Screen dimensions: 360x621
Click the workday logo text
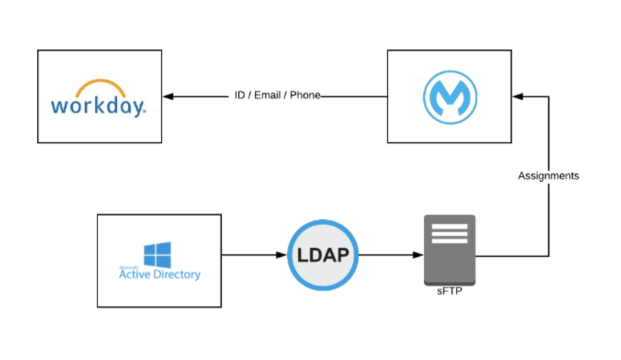pos(98,105)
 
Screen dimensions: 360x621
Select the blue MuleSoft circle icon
pos(450,97)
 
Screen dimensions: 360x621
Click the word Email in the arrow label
pos(267,96)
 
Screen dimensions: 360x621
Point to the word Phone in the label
pos(304,96)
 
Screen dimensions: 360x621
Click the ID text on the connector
pos(240,96)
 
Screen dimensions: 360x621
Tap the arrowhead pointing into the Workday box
pos(168,97)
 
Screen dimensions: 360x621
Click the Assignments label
pos(548,176)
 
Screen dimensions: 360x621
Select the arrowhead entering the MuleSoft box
pos(518,97)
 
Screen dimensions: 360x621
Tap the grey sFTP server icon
pos(450,249)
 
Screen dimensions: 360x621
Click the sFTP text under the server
pos(449,291)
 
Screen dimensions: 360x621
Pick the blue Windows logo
pos(157,254)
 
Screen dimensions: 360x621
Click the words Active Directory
pos(160,275)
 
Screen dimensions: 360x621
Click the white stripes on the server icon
pos(450,233)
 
